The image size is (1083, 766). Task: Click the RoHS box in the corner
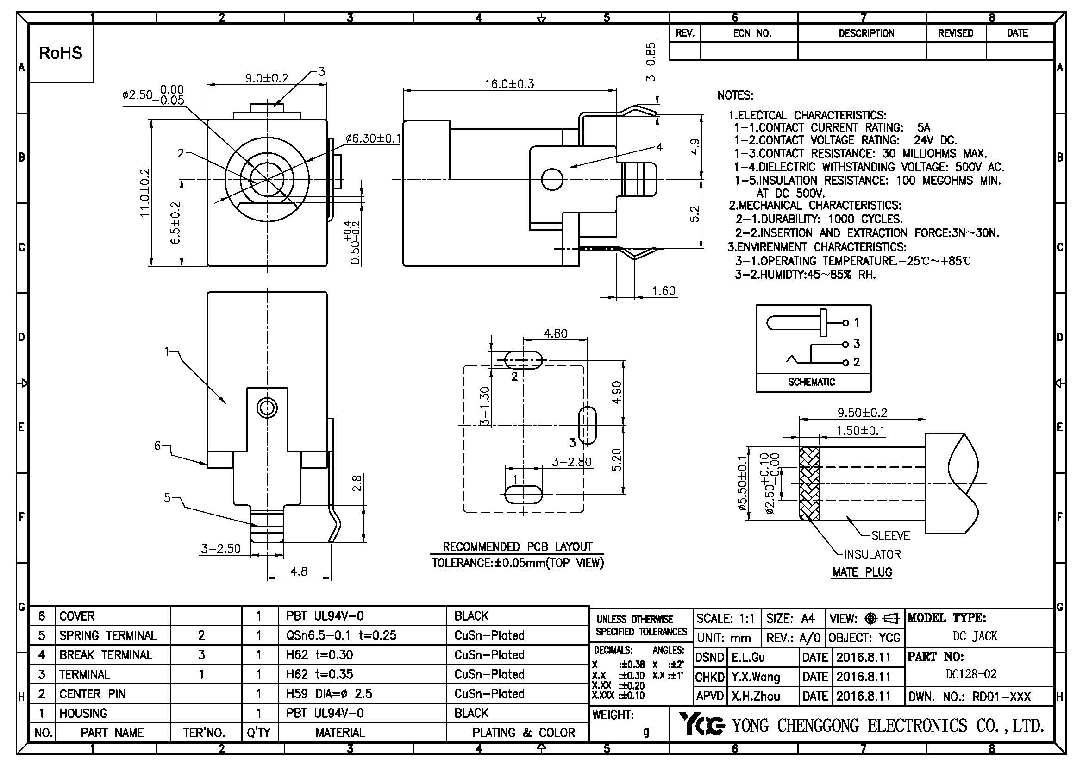click(61, 53)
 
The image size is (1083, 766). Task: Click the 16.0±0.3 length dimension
click(509, 84)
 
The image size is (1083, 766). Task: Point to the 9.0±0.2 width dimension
click(267, 78)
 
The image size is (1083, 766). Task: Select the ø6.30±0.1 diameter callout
click(373, 138)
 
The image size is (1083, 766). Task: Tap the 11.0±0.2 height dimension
click(145, 193)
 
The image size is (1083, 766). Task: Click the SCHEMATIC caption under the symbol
click(811, 382)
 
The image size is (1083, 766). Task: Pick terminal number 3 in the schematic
click(857, 344)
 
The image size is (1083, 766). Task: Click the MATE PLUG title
click(862, 572)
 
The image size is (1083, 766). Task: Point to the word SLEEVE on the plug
click(890, 535)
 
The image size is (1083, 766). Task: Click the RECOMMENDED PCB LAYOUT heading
click(517, 546)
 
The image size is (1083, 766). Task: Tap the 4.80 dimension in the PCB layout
click(555, 333)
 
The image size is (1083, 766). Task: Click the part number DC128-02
click(971, 674)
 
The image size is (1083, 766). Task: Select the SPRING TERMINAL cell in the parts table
click(107, 635)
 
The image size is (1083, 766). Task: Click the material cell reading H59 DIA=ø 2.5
click(329, 694)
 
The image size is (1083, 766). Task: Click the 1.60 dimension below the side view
click(663, 290)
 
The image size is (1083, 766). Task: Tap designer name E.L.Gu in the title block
click(748, 658)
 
